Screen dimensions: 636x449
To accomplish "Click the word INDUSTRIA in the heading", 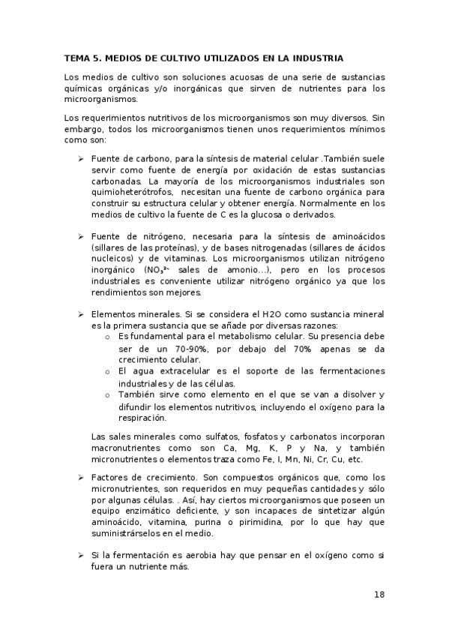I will tap(317, 57).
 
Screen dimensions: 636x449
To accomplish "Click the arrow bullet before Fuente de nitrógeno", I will tap(79, 237).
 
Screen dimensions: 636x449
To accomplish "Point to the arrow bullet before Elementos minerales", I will tap(79, 315).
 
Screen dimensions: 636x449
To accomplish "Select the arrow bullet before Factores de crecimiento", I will tap(79, 478).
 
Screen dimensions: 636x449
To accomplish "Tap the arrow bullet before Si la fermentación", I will tap(79, 555).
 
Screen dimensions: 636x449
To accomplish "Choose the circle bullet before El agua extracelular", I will tap(109, 371).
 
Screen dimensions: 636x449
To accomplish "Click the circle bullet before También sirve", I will tap(109, 394).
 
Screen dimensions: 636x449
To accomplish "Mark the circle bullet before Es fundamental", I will tap(109, 338).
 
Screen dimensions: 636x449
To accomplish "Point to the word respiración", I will tap(142, 418).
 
